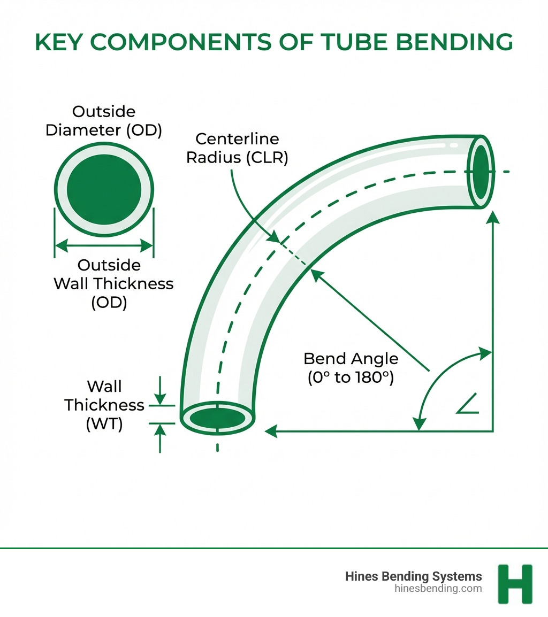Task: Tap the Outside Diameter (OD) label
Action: click(x=104, y=121)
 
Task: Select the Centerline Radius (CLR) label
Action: click(x=237, y=149)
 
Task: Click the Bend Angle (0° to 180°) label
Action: click(x=351, y=368)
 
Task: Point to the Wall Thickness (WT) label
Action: click(x=104, y=405)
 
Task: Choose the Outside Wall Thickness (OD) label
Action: click(x=113, y=283)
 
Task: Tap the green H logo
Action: click(x=515, y=583)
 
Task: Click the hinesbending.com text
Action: click(x=438, y=589)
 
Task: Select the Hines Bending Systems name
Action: click(x=413, y=576)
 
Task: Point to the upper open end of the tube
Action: click(x=480, y=171)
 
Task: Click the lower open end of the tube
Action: click(x=217, y=418)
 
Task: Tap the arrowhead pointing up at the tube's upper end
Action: click(x=492, y=215)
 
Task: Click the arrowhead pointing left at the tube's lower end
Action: click(x=271, y=430)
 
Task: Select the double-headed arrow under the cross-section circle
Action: click(x=104, y=246)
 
